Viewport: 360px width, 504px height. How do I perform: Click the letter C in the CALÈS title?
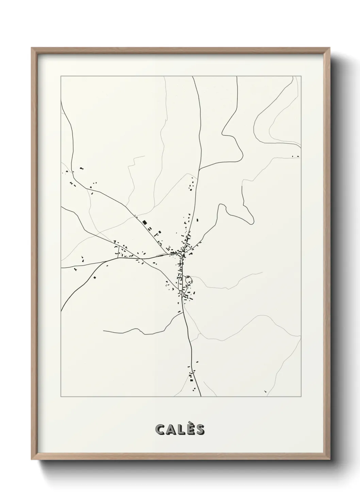[160, 430]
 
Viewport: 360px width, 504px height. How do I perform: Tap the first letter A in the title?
[171, 430]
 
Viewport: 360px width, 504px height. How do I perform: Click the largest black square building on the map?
[144, 223]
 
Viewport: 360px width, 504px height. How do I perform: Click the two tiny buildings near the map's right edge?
[295, 157]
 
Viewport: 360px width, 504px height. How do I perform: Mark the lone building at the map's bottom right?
[265, 391]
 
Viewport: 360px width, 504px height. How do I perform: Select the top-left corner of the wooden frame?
[32, 48]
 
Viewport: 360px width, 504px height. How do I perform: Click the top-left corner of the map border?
[61, 76]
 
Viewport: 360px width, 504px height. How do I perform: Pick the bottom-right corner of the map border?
[301, 397]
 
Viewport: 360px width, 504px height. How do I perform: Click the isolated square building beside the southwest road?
[95, 278]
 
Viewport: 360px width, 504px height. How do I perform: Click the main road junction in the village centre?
[183, 255]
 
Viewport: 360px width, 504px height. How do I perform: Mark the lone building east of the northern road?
[197, 220]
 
